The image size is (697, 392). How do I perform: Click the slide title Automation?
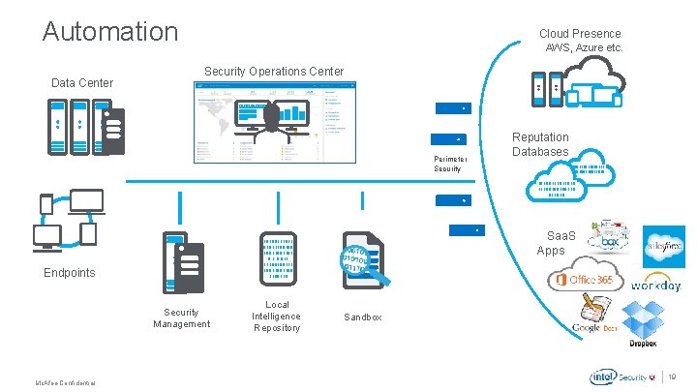[110, 31]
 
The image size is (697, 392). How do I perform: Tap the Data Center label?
[81, 83]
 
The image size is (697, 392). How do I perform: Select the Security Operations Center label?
[273, 72]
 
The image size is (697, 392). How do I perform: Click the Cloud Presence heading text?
[580, 34]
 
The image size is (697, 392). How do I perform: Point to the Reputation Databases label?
[540, 144]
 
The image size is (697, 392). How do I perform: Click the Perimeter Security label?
[450, 164]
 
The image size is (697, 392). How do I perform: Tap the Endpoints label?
[70, 273]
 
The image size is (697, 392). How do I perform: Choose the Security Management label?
[181, 317]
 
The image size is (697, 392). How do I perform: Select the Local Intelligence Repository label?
[276, 317]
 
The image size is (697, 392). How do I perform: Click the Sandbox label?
[363, 317]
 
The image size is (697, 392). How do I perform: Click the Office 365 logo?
[582, 280]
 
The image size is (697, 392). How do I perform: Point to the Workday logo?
[655, 286]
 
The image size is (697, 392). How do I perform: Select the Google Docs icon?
[593, 316]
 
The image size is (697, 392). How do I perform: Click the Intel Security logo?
[620, 377]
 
